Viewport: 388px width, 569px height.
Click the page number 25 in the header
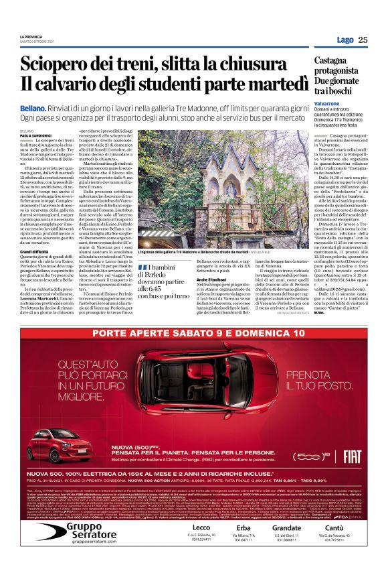pos(363,40)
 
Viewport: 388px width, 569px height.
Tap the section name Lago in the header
pos(345,40)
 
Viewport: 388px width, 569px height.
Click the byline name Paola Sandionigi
pos(36,135)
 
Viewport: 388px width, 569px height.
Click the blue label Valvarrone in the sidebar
pos(330,104)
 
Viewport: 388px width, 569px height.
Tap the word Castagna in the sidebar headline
pos(334,60)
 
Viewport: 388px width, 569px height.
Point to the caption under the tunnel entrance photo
pos(193,251)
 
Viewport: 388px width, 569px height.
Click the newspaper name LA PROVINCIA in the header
pos(31,37)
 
